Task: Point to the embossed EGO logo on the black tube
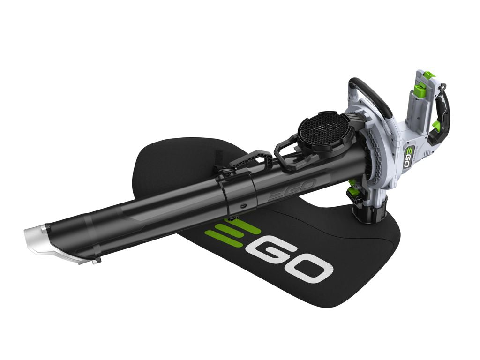(x=292, y=190)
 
